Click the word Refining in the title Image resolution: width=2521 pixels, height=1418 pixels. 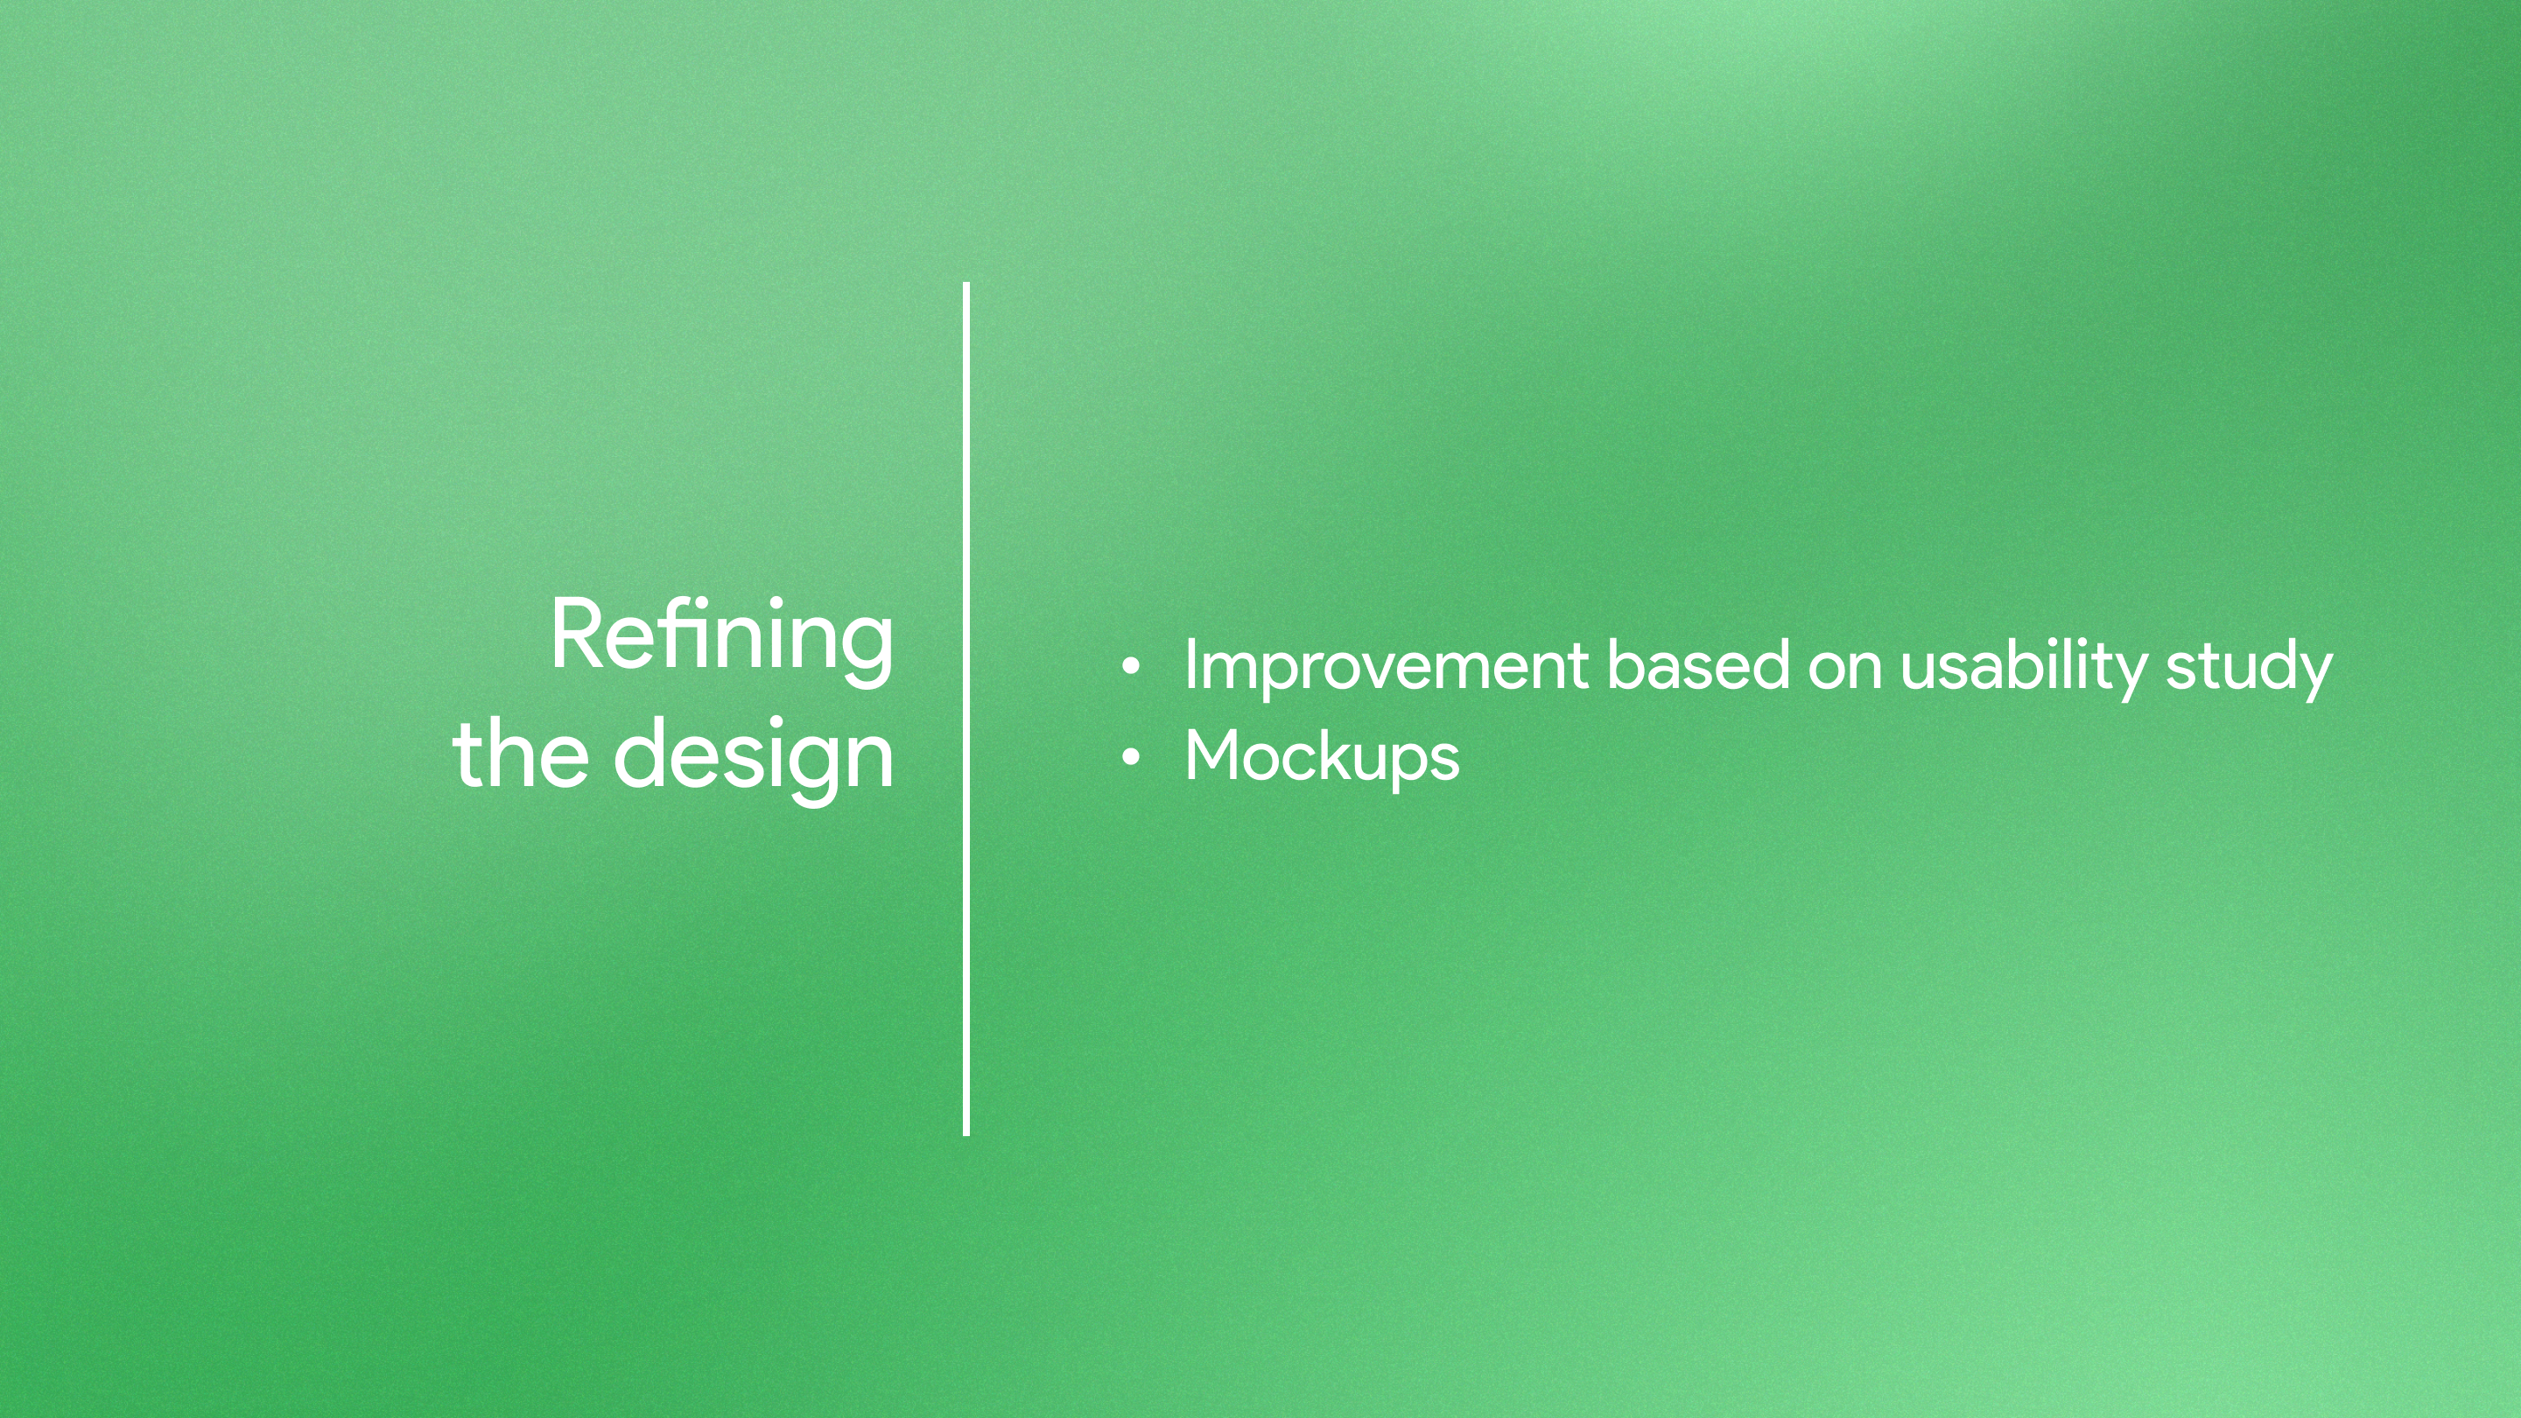[x=722, y=640]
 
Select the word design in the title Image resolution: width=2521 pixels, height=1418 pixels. [x=754, y=760]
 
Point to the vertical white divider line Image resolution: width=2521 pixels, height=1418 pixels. [x=966, y=708]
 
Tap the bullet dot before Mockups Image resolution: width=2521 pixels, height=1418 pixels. [x=1130, y=756]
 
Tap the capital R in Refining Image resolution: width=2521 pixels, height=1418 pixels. [x=580, y=633]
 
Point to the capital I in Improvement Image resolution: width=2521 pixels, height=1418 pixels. [x=1190, y=665]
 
